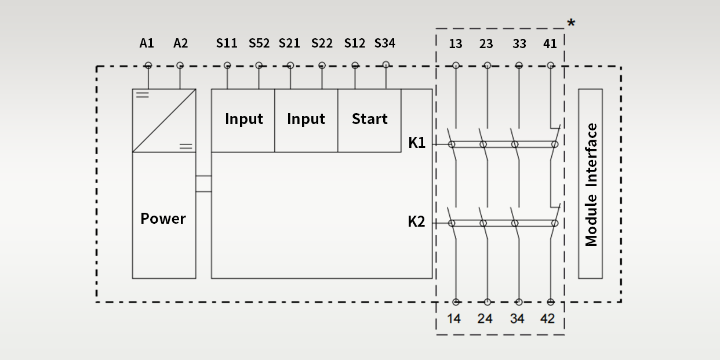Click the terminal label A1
click(x=147, y=43)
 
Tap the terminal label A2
click(x=181, y=43)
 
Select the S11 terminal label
click(x=227, y=43)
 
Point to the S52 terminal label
click(x=259, y=43)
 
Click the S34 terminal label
click(x=385, y=43)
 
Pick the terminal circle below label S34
click(x=386, y=65)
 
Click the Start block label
click(x=369, y=119)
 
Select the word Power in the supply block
click(x=163, y=219)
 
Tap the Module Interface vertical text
click(x=591, y=184)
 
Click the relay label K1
click(x=417, y=143)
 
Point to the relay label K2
click(x=416, y=221)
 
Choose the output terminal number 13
click(x=456, y=43)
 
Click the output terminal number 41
click(x=550, y=43)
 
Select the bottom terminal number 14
click(x=454, y=318)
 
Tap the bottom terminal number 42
click(x=547, y=318)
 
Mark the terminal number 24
click(x=485, y=318)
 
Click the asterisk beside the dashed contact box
click(x=571, y=24)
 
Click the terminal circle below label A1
click(x=148, y=66)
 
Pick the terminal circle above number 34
click(x=519, y=302)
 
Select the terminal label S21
click(x=289, y=43)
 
